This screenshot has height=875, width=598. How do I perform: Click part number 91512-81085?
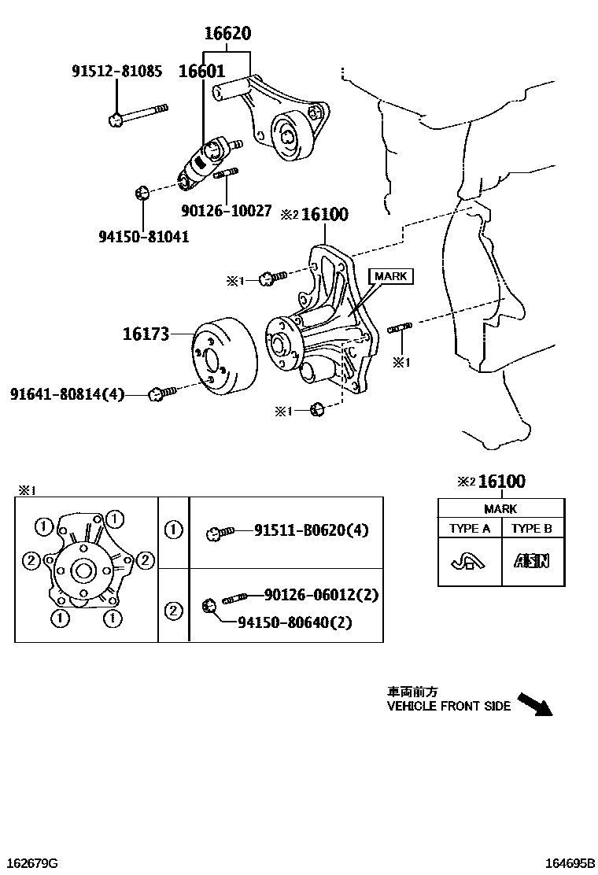pos(117,72)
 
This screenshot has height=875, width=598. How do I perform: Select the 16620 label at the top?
pos(227,34)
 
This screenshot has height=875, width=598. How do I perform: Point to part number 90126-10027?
pos(226,211)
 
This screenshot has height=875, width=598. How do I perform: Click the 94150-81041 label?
pos(143,235)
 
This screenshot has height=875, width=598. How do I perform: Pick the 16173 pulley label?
pos(146,334)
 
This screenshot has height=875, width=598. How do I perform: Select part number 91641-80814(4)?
pos(68,393)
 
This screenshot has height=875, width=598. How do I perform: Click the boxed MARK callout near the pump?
pos(389,276)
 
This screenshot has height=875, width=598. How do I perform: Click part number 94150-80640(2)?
pos(295,622)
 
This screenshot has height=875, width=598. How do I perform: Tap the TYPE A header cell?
pos(470,529)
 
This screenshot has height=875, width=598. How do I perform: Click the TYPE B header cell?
pos(532,529)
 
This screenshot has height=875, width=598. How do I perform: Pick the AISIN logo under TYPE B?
pos(532,561)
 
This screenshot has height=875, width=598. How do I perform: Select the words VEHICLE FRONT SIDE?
pos(448,706)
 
